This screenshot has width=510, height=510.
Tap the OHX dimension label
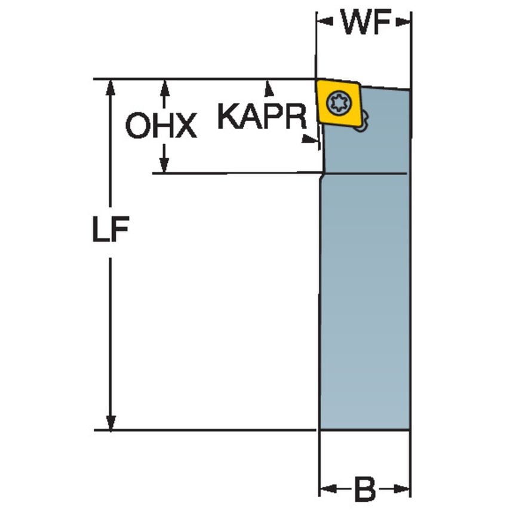pos(161,127)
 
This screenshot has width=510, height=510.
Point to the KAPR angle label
pos(260,116)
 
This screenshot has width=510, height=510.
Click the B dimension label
pos(365,490)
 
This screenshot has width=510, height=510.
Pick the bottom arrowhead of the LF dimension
pos(110,422)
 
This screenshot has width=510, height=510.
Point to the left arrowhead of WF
pos(324,22)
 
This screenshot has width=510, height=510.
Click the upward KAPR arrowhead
pos(269,88)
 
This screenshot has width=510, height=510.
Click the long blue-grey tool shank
pos(364,299)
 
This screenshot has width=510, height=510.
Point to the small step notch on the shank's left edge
pos(322,175)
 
